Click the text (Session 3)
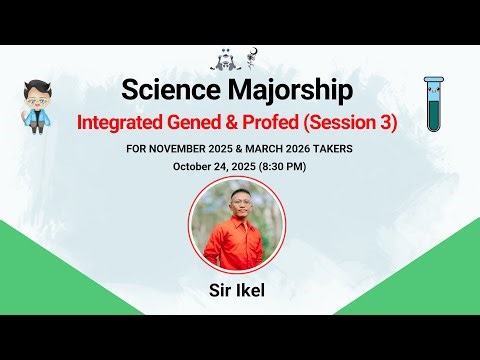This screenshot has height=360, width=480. point(355,123)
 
